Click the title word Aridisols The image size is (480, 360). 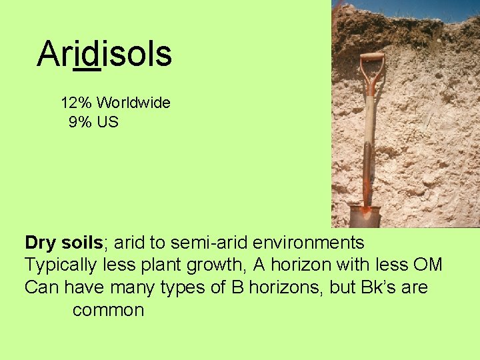pyautogui.click(x=105, y=54)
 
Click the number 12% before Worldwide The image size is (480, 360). pyautogui.click(x=76, y=103)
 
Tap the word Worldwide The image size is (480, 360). pyautogui.click(x=133, y=103)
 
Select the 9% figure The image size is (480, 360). pyautogui.click(x=80, y=123)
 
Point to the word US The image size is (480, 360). pyautogui.click(x=107, y=123)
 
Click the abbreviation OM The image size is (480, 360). pyautogui.click(x=427, y=265)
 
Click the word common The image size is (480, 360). pyautogui.click(x=108, y=311)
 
